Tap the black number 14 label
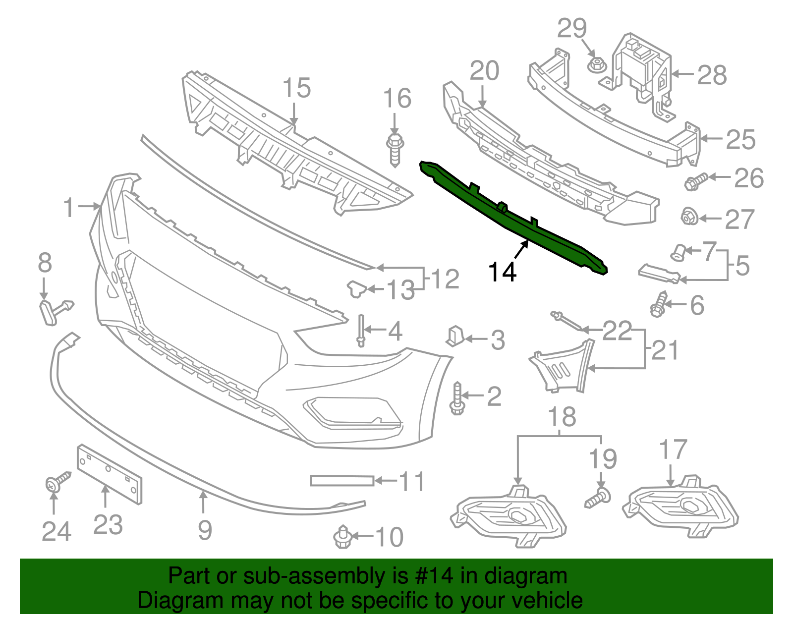pyautogui.click(x=502, y=272)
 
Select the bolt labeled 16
pyautogui.click(x=395, y=149)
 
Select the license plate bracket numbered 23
pyautogui.click(x=110, y=474)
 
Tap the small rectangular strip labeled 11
pyautogui.click(x=341, y=480)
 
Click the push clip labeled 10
pyautogui.click(x=341, y=537)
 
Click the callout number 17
pyautogui.click(x=673, y=450)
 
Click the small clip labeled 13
pyautogui.click(x=356, y=289)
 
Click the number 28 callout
pyautogui.click(x=712, y=75)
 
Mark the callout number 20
pyautogui.click(x=484, y=71)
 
